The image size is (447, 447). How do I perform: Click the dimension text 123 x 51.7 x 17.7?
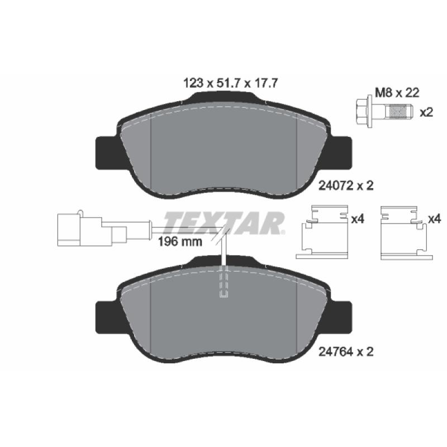[230, 83]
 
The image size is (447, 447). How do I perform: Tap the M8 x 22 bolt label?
[397, 93]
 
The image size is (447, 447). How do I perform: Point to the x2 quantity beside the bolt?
[426, 112]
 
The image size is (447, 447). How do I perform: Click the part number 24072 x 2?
[345, 186]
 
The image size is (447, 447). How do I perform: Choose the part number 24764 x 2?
[345, 352]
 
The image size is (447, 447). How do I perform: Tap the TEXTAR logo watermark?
[225, 222]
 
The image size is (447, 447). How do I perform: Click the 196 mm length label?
[180, 242]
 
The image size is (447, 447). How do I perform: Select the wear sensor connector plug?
[92, 229]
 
